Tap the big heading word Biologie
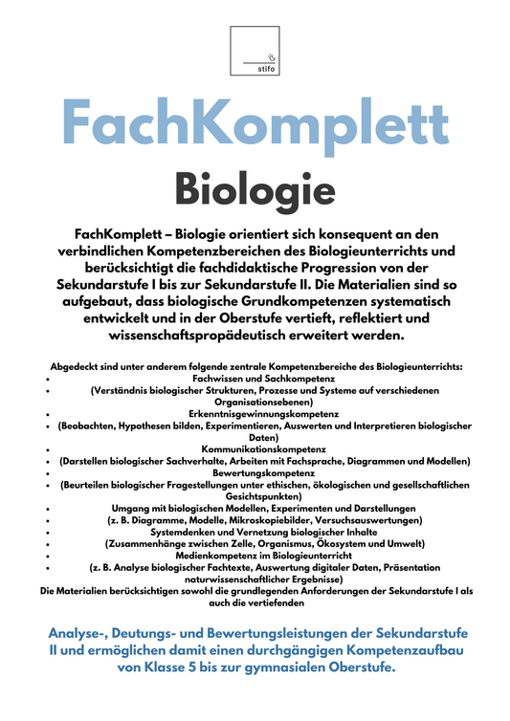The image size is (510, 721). (x=255, y=188)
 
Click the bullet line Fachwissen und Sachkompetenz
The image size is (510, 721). (x=255, y=379)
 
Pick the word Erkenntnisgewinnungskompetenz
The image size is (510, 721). (x=255, y=414)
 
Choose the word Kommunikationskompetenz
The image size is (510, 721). (x=255, y=448)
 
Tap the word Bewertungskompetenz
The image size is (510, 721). (x=255, y=472)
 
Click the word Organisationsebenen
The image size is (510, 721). (x=255, y=403)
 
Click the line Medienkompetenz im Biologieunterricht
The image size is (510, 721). (x=255, y=555)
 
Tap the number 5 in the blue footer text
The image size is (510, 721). (x=186, y=667)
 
